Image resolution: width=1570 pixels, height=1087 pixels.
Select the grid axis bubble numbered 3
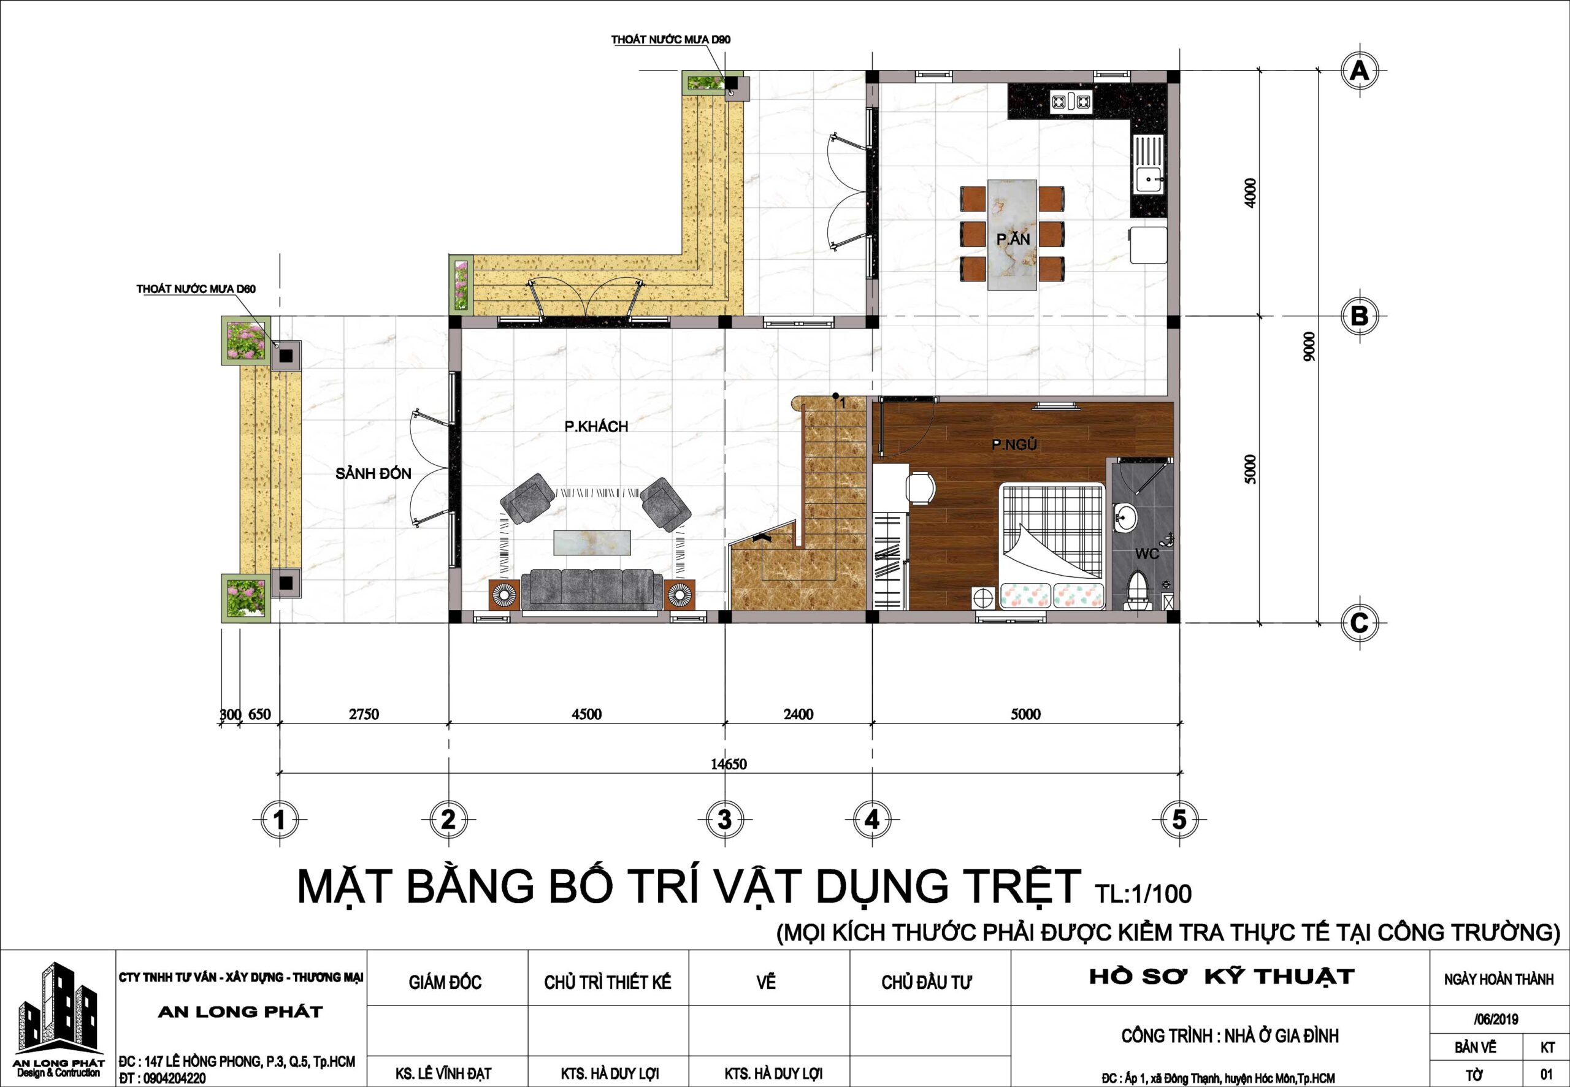[x=724, y=819]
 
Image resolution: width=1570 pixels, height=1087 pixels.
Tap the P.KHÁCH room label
[x=596, y=425]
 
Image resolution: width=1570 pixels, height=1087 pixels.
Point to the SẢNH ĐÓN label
[x=373, y=473]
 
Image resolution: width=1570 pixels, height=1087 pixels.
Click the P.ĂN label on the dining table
[x=1013, y=239]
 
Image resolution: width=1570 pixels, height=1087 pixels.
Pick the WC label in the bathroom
[x=1147, y=554]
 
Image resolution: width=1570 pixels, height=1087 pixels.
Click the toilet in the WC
[x=1137, y=590]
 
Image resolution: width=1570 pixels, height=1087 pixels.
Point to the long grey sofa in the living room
[x=591, y=589]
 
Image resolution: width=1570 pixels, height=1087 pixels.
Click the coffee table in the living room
[x=592, y=543]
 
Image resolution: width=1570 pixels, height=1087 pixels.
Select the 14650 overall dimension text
[x=729, y=763]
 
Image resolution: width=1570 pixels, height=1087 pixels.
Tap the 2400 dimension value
[x=798, y=714]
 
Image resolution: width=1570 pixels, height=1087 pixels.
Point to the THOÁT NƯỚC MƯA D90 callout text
[x=670, y=39]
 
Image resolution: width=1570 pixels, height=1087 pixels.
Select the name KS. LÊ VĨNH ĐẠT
[x=443, y=1074]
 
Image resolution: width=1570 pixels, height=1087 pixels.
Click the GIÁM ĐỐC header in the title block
[x=445, y=982]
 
